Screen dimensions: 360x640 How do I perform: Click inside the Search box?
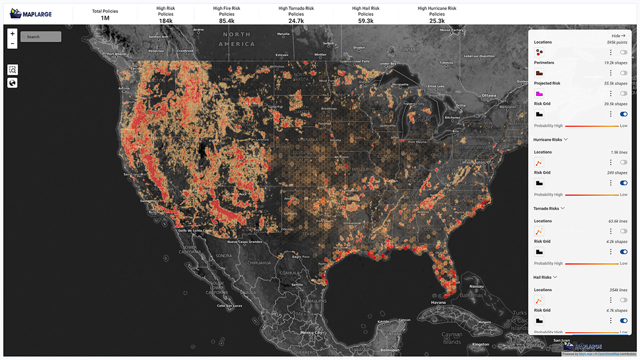(x=41, y=37)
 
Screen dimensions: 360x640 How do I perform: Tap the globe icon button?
(x=13, y=83)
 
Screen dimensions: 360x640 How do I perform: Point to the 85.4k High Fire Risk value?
(x=227, y=20)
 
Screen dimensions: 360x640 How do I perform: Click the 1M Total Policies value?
(x=105, y=18)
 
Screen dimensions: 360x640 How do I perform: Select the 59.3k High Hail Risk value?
(x=366, y=20)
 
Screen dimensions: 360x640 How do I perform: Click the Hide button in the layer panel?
(x=618, y=36)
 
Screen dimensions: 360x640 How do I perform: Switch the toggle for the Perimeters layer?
(x=623, y=73)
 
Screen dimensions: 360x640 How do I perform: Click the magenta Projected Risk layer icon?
(x=539, y=93)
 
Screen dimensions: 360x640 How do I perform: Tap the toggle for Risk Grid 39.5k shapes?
(x=623, y=114)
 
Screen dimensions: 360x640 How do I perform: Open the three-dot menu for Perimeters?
(x=611, y=73)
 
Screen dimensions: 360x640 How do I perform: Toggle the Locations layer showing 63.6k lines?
(x=623, y=231)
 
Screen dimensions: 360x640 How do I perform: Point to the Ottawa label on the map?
(x=489, y=95)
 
